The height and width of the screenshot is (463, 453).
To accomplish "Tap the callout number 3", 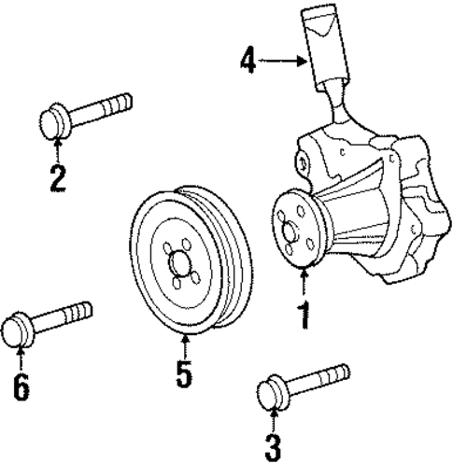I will pyautogui.click(x=272, y=446).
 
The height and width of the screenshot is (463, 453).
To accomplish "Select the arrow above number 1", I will pyautogui.click(x=303, y=280).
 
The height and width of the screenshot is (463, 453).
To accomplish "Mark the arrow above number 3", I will pyautogui.click(x=272, y=417).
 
